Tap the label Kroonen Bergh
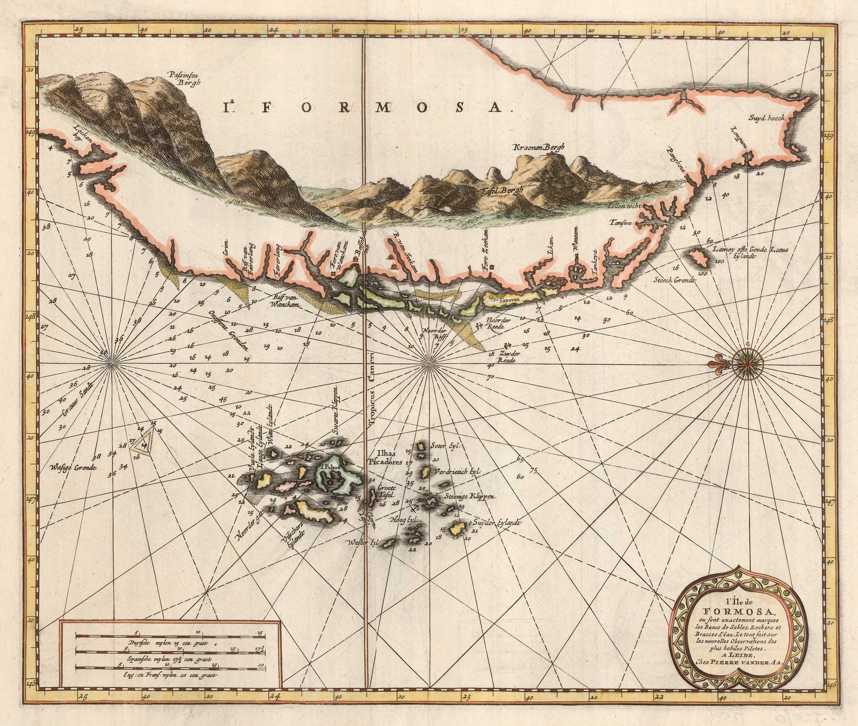(x=533, y=148)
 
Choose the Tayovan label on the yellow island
(x=510, y=300)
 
